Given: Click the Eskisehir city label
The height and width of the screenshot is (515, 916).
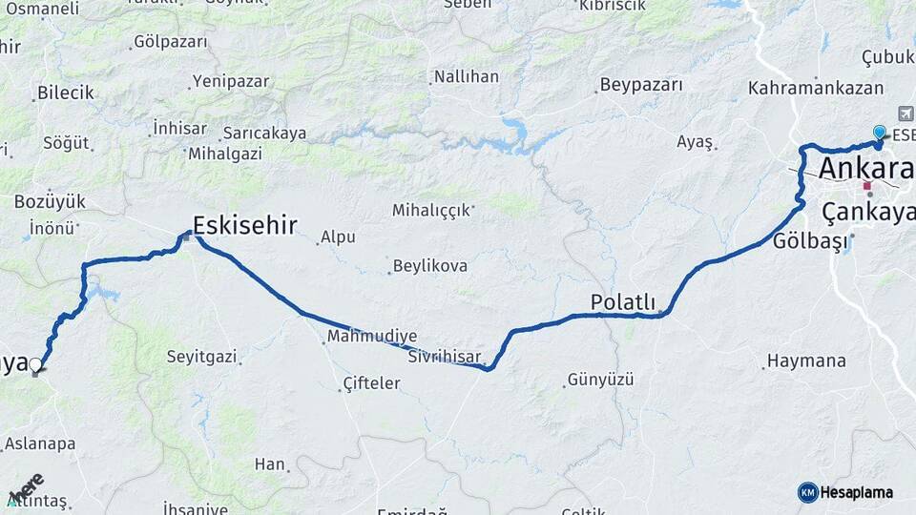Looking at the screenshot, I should (244, 226).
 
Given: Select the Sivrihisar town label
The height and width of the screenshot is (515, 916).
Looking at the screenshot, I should (445, 358).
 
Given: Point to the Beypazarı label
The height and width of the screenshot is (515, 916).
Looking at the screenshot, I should (641, 85).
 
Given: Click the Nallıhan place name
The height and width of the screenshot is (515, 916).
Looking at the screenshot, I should (466, 76).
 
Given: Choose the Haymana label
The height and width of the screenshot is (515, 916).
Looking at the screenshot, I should (807, 361).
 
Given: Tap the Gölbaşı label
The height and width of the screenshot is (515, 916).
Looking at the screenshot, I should (810, 241).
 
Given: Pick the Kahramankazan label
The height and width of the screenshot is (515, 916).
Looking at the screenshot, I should (816, 88).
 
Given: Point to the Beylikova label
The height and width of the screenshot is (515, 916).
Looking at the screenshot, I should (430, 266).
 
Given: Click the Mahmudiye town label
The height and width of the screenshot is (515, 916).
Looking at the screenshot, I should (372, 337).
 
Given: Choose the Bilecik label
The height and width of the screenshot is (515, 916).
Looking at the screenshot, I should (66, 93).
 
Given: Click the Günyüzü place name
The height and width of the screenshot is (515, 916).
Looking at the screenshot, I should (600, 380).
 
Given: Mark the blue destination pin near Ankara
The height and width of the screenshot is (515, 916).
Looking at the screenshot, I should (879, 134).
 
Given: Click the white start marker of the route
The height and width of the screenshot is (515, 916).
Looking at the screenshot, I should (36, 364).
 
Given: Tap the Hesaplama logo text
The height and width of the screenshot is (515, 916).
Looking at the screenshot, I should (856, 492).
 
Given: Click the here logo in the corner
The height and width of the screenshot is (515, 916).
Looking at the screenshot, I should (26, 488).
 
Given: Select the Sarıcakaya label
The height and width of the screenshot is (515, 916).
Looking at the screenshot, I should (264, 134).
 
